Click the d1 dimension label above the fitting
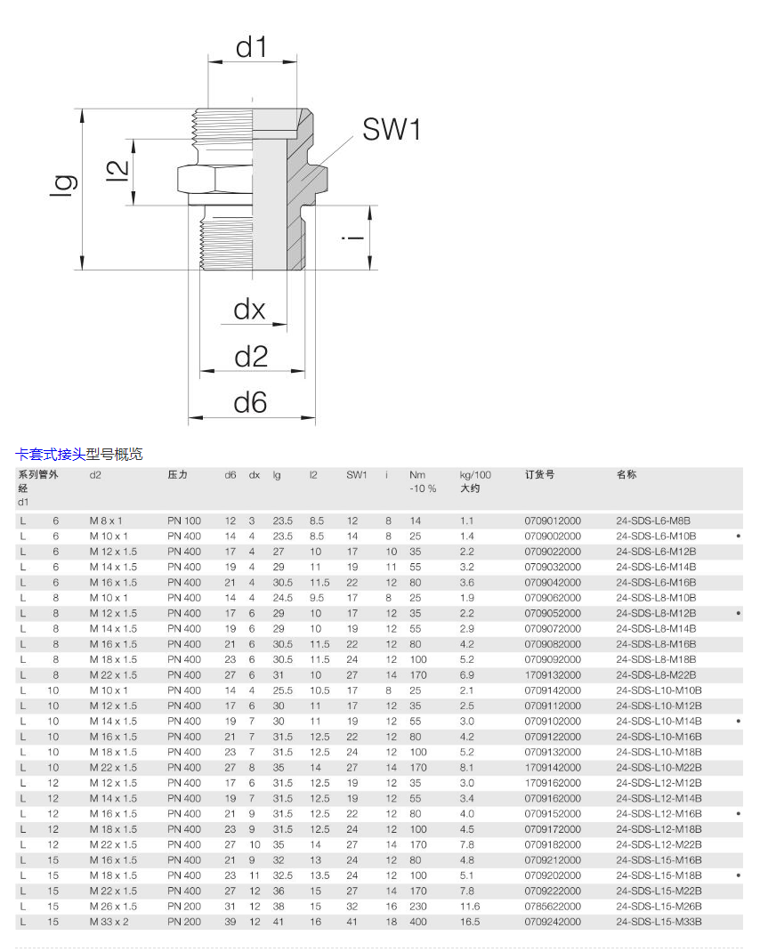[252, 47]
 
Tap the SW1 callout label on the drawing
[392, 129]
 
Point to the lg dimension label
[64, 185]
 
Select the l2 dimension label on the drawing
[117, 171]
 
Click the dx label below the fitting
[250, 310]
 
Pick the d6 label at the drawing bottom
[250, 402]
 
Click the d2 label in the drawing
[251, 357]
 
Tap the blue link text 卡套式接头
[51, 454]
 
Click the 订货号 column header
[539, 474]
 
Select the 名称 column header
[627, 474]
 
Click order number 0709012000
[553, 520]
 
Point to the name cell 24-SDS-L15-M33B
[659, 922]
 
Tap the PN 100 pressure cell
[184, 520]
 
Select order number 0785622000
[553, 907]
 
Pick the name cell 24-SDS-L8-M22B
[656, 675]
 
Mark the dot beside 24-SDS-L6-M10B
[738, 537]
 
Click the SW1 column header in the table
[357, 475]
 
